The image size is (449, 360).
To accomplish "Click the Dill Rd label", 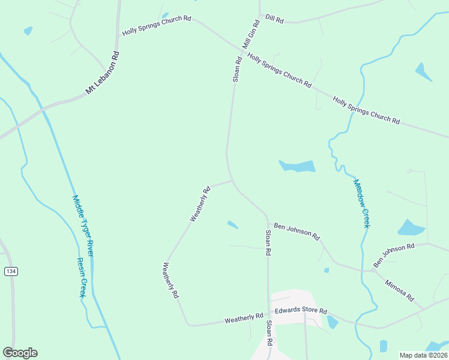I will [274, 19].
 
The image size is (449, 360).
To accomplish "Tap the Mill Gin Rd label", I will [250, 35].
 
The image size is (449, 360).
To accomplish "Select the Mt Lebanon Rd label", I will [103, 73].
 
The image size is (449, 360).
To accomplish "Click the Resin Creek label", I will [82, 278].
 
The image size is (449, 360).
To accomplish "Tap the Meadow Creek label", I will [361, 203].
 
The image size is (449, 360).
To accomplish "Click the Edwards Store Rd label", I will [301, 311].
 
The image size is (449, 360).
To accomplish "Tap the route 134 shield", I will [11, 272].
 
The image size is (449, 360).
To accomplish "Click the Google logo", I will [20, 353].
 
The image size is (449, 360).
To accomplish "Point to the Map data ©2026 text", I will [423, 355].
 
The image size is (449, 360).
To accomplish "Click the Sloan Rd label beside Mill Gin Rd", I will [237, 69].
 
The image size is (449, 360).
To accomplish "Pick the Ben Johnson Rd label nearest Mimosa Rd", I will [394, 256].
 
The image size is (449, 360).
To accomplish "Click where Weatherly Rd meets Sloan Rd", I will [232, 180].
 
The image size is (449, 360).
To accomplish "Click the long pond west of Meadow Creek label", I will [298, 166].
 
